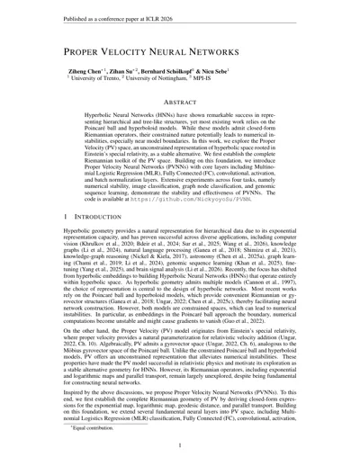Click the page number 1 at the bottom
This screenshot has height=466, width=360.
coord(180,454)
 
